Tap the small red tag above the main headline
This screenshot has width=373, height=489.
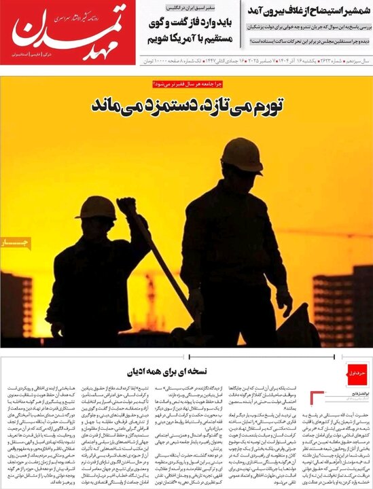tap(186, 84)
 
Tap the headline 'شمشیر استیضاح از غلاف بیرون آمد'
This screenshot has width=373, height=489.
tap(302, 10)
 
